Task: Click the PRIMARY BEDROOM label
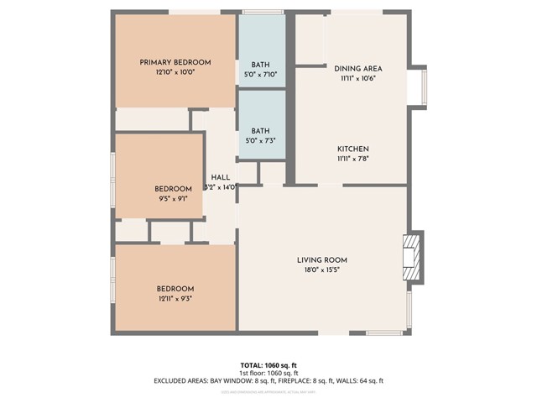point(175,62)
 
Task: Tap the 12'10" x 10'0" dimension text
point(175,73)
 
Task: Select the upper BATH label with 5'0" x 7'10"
point(260,65)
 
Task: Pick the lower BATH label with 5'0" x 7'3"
point(260,131)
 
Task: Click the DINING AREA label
point(358,69)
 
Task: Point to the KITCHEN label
point(353,148)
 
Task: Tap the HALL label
point(221,177)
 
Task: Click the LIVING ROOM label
point(322,259)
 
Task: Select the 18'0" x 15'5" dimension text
point(322,270)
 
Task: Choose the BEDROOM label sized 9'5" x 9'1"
point(173,189)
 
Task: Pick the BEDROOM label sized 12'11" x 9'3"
point(175,289)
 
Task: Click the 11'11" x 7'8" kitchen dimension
point(353,158)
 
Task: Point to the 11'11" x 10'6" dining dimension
point(358,79)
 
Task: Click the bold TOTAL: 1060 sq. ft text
point(268,365)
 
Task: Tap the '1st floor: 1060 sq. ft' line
point(268,373)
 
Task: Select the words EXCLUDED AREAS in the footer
point(180,381)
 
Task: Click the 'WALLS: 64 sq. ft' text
point(360,381)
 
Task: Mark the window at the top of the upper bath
point(262,11)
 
